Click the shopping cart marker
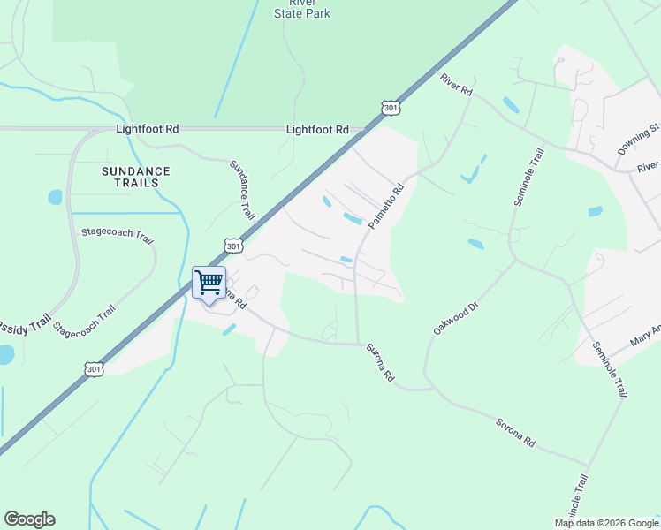[209, 284]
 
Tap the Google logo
[29, 519]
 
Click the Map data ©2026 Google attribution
[607, 523]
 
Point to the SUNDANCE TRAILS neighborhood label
[135, 177]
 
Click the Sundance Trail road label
[242, 190]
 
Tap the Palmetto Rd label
[386, 206]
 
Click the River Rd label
[457, 85]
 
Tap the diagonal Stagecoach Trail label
[84, 322]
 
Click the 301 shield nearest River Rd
[391, 108]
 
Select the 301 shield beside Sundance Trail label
[232, 245]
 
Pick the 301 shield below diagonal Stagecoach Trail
[95, 368]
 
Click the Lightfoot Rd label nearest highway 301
[316, 129]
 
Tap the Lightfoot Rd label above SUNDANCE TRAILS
[147, 129]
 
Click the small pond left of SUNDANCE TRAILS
[56, 197]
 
